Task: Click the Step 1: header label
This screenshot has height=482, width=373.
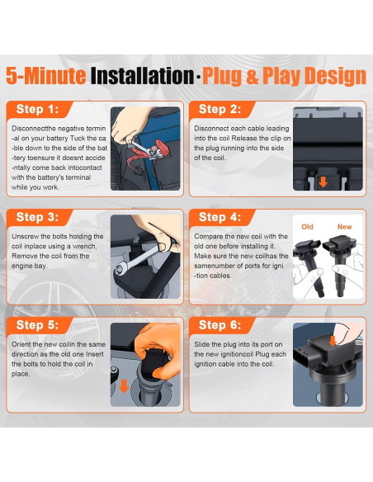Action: coord(37,109)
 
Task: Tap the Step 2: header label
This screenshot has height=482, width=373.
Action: coord(220,109)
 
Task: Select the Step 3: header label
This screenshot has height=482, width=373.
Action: coord(37,217)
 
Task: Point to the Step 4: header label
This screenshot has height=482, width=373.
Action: coord(220,217)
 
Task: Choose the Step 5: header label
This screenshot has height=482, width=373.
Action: coord(37,325)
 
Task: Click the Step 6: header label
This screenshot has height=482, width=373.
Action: coord(220,325)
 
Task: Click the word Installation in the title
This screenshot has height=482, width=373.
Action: coord(142,76)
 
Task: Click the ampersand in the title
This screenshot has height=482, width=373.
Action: coord(253,76)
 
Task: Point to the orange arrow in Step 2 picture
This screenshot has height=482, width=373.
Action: coord(323,182)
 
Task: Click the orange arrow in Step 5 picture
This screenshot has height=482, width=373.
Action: coord(124,386)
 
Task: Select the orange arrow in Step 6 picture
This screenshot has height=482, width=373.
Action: coord(333,341)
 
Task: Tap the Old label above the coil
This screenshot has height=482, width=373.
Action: coord(307,227)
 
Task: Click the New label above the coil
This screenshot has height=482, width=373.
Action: coord(344,227)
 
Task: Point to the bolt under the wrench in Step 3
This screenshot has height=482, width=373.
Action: coord(119,270)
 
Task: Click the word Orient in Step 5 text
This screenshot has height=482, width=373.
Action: coord(21,344)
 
